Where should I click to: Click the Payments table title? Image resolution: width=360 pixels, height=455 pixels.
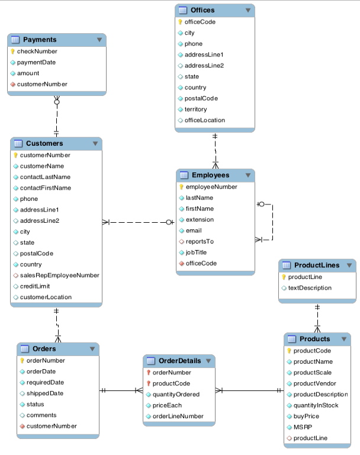[x=40, y=40]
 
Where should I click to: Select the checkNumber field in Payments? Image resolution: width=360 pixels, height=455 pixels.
[x=37, y=52]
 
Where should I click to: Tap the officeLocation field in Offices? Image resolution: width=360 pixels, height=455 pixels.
[x=204, y=120]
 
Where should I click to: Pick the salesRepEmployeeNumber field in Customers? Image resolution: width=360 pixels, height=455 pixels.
[x=59, y=275]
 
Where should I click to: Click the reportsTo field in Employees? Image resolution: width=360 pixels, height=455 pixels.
[x=200, y=242]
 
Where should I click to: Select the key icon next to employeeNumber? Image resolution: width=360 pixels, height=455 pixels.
[x=181, y=187]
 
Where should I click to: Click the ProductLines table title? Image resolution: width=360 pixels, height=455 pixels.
[x=317, y=265]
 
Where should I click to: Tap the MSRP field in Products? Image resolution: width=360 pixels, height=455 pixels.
[x=303, y=427]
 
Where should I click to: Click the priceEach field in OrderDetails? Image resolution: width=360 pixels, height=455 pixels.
[x=167, y=405]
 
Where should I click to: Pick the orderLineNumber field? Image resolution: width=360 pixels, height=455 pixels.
[x=178, y=416]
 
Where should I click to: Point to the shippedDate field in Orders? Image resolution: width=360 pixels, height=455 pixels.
[x=44, y=393]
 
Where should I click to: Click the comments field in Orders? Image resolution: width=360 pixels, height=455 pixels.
[x=41, y=415]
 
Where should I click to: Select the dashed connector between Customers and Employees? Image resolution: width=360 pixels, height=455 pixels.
[x=139, y=223]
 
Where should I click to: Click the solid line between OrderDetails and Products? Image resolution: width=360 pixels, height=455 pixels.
[x=249, y=391]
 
